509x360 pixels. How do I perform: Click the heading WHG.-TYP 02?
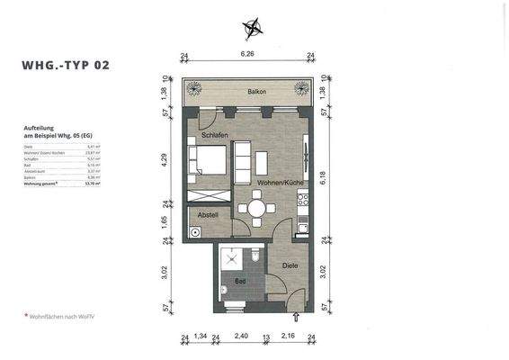[66, 65]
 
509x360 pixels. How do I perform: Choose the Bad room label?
[239, 282]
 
